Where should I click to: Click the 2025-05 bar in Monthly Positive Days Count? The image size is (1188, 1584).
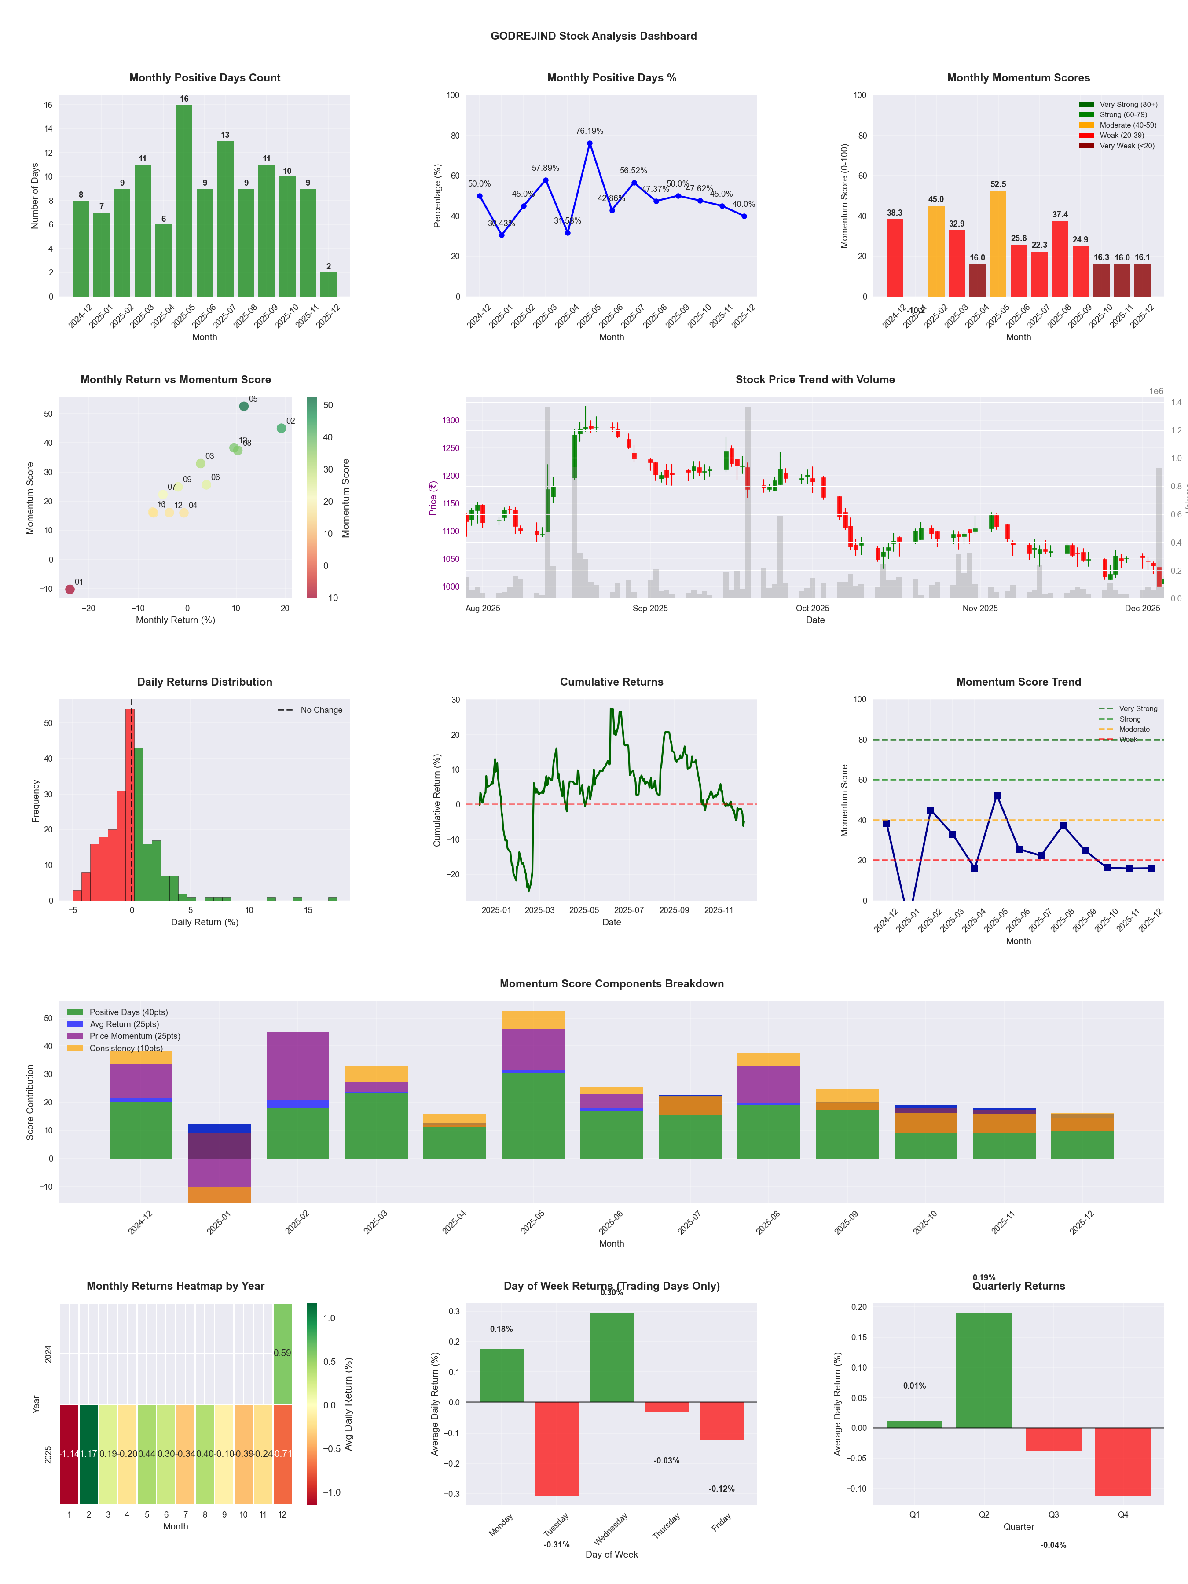(184, 201)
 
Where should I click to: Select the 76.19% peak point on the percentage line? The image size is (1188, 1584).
(590, 143)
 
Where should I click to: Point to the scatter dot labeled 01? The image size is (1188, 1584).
(70, 589)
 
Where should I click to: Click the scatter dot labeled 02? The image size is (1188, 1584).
(282, 428)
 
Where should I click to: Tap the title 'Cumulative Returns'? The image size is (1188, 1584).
(612, 682)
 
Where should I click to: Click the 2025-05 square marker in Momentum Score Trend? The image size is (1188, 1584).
(997, 796)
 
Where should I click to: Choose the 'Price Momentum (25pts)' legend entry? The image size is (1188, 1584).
(135, 1036)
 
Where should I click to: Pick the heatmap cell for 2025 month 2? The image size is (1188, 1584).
(89, 1454)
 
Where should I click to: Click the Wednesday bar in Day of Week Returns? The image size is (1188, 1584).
(612, 1357)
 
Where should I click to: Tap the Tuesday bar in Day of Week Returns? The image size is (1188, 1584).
(557, 1448)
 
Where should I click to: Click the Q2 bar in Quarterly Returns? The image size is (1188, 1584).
(984, 1370)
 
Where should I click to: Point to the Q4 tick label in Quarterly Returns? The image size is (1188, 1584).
(1123, 1514)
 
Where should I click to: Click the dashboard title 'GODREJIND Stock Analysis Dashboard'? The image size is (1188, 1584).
(594, 36)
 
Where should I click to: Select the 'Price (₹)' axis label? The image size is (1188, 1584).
(433, 498)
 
